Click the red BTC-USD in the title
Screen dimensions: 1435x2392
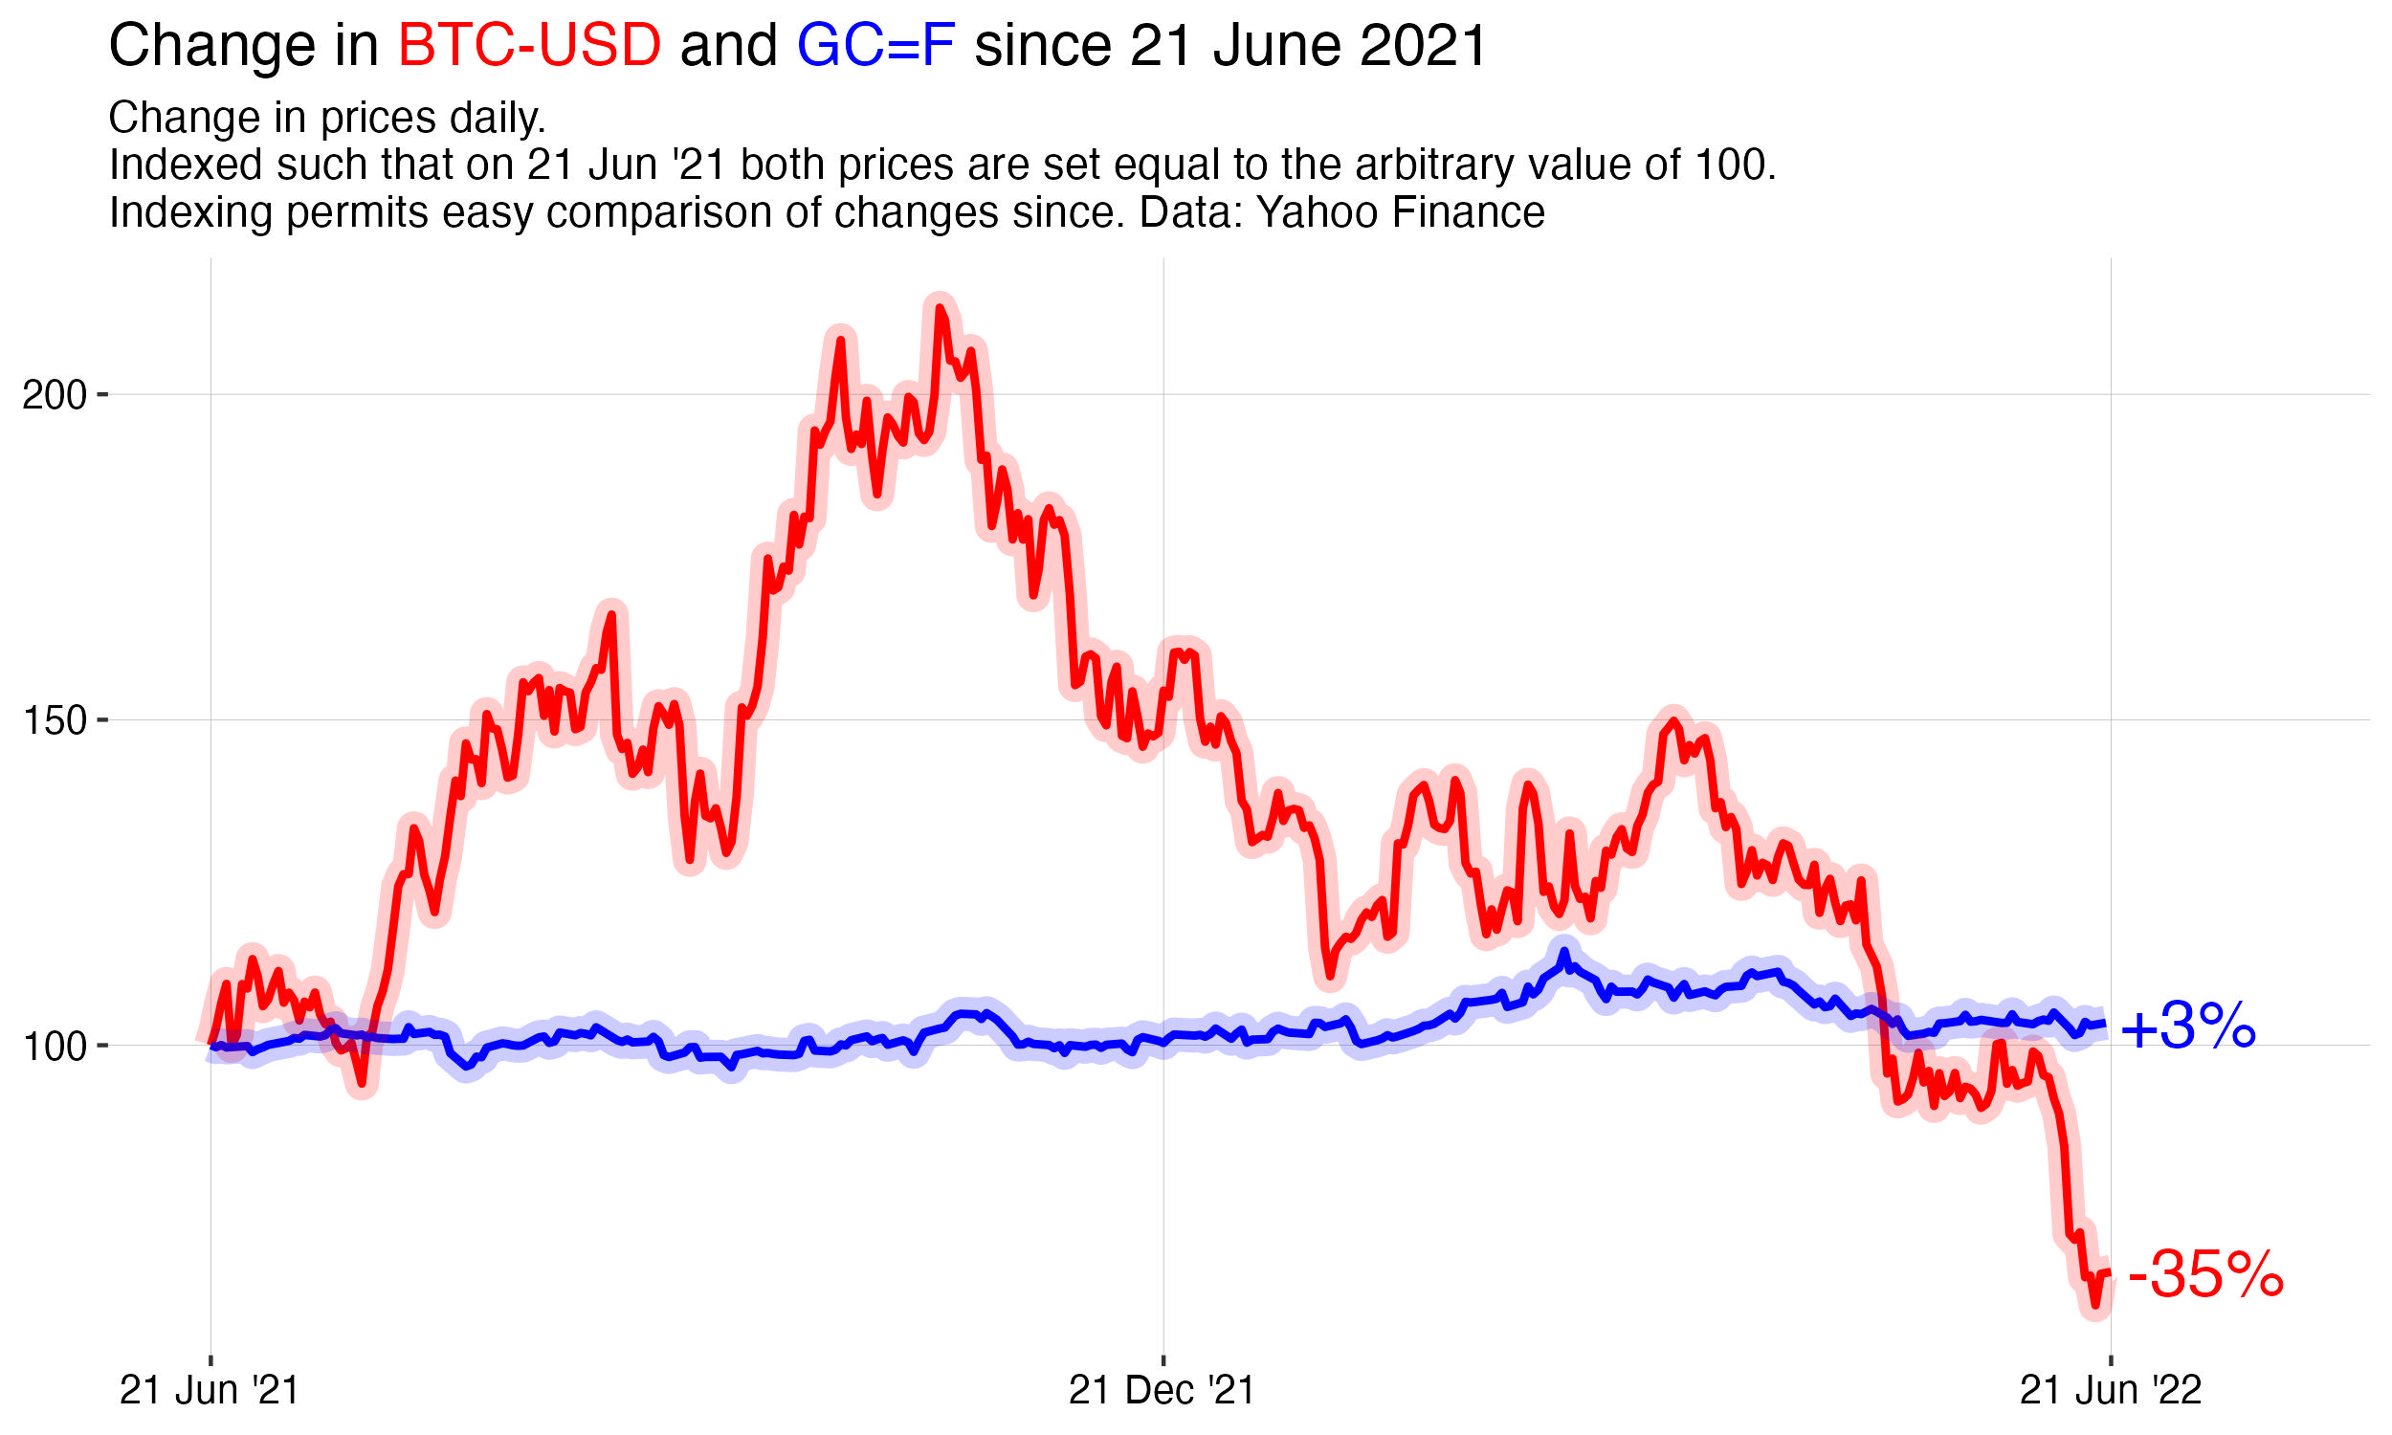point(529,46)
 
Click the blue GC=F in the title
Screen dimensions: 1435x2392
point(875,46)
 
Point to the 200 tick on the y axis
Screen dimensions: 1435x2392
point(55,395)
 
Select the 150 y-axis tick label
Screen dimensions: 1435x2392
point(55,720)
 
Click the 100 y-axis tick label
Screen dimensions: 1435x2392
point(55,1047)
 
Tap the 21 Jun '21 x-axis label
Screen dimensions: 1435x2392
point(209,1391)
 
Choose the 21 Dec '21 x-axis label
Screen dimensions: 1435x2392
point(1162,1391)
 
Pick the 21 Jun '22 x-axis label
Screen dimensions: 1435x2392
point(2111,1391)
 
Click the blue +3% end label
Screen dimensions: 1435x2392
point(2188,1027)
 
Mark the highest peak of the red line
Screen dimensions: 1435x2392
point(939,308)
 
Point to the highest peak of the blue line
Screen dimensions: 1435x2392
point(1563,953)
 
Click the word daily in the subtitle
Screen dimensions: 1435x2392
point(499,118)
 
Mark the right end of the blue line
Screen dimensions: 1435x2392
point(2104,1024)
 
